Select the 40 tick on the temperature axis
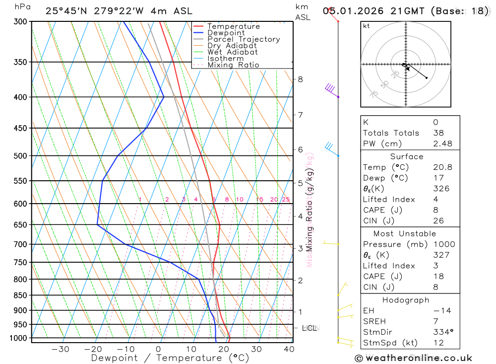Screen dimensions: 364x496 pos(289,349)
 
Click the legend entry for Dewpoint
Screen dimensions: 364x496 pos(226,33)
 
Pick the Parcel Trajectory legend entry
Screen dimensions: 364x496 pos(243,39)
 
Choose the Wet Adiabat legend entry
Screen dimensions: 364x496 pos(232,52)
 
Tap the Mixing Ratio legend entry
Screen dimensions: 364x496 pos(233,65)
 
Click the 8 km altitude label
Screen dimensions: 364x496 pos(300,79)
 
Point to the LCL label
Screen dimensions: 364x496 pos(310,328)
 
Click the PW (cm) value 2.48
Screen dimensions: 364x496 pos(442,144)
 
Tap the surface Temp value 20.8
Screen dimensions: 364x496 pos(442,167)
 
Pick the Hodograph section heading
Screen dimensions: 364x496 pos(406,300)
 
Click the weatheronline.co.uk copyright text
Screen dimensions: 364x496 pos(413,358)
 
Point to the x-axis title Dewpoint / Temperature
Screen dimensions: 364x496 pos(170,358)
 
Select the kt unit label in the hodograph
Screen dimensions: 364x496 pos(366,26)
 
